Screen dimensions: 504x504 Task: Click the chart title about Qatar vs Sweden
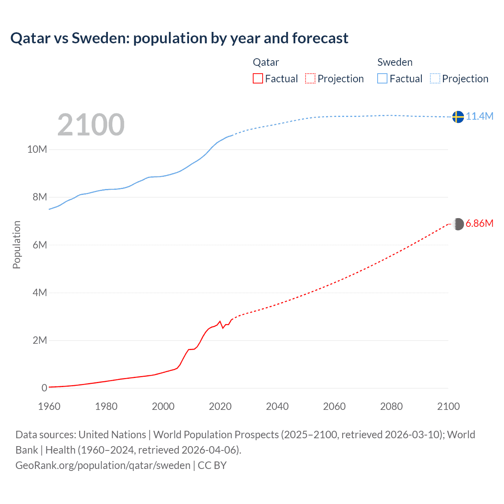(179, 38)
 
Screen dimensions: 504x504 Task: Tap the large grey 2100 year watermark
(91, 125)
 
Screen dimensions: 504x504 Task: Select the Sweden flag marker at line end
(458, 117)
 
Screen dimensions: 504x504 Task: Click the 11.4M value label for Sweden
(480, 116)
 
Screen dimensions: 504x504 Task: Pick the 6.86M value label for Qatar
(479, 223)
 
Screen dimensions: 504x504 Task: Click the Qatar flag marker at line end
(458, 224)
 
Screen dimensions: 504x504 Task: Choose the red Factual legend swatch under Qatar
(258, 78)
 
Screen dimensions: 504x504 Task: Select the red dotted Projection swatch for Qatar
(310, 78)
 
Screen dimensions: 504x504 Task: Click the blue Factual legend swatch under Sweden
(382, 78)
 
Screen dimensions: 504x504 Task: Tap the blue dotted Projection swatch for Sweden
(435, 78)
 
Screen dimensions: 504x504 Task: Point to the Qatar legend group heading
(266, 62)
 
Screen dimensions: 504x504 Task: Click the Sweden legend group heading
(395, 62)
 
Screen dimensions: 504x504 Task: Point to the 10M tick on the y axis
(37, 149)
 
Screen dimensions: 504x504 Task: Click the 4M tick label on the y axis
(39, 293)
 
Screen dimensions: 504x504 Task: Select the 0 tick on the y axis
(44, 388)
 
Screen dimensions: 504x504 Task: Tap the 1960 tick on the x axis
(49, 406)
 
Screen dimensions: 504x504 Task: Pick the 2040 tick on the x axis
(277, 406)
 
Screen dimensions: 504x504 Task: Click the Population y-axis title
(17, 245)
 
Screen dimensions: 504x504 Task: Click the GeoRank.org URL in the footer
(103, 465)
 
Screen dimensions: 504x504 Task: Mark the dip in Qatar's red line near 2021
(223, 328)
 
